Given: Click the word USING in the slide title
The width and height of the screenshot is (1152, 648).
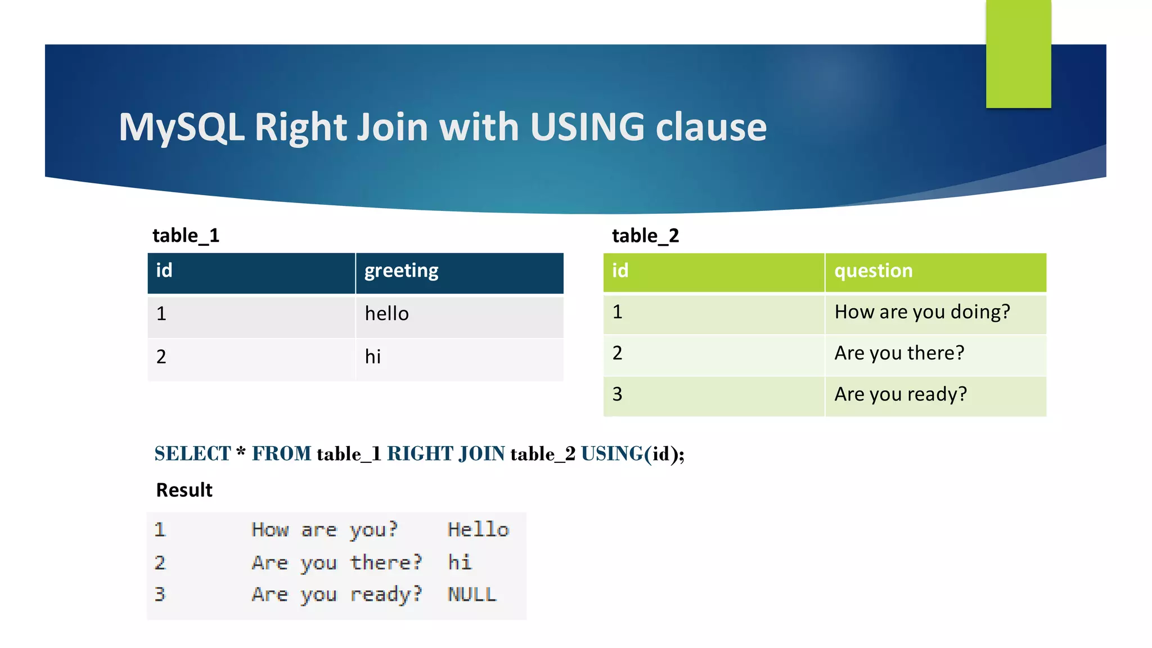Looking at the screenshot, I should click(587, 127).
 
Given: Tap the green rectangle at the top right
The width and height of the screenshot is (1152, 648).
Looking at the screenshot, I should click(1018, 53).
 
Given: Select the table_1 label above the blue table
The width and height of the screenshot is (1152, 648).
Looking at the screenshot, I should click(186, 235).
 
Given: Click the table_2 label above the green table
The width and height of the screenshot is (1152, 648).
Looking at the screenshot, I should click(645, 235).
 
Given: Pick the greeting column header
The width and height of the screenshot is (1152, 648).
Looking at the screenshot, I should click(401, 271).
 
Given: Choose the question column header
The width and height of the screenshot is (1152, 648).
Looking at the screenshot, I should click(873, 271).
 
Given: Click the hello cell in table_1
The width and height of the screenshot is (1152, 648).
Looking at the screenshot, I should click(387, 314).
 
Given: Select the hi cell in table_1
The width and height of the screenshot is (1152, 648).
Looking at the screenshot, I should click(373, 357).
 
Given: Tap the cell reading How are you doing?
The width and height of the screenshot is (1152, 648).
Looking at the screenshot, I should click(922, 312).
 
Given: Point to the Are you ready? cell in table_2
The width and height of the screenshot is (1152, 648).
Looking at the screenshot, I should click(900, 394).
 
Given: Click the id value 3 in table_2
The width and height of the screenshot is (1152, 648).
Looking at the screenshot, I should click(617, 394).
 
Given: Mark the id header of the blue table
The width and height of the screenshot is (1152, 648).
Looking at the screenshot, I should click(164, 271).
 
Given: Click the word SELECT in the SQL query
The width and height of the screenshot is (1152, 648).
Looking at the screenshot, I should click(192, 454).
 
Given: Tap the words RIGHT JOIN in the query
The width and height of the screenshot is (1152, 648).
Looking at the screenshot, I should click(445, 454).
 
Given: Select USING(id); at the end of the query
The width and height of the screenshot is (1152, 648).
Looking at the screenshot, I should click(632, 454).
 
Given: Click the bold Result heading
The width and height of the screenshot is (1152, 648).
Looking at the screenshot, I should click(184, 490).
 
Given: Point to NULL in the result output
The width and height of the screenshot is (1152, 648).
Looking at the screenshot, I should click(472, 595).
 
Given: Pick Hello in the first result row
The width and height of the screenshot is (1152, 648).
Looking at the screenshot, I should click(478, 530).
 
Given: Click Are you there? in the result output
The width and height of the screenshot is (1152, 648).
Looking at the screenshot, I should click(336, 562).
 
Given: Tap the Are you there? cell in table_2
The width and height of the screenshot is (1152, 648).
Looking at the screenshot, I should click(899, 353).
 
